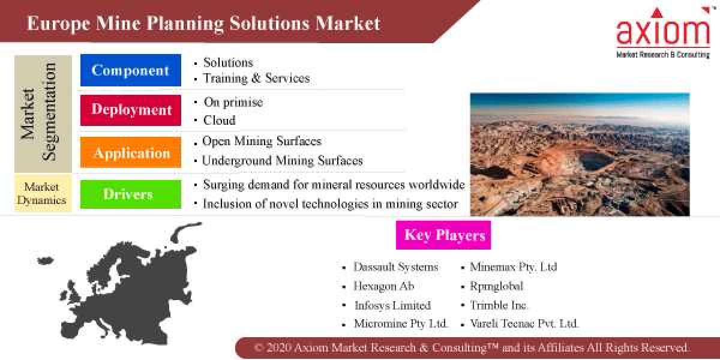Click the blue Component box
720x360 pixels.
tap(130, 70)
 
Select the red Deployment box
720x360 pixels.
tap(130, 110)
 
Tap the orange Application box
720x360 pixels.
tap(130, 152)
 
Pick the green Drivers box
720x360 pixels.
tap(130, 194)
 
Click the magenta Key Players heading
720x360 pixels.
tap(443, 235)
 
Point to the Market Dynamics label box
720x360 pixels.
tap(42, 193)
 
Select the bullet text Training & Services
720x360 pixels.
tap(256, 78)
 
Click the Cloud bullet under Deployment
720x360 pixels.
tap(219, 120)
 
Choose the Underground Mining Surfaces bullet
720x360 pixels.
tap(282, 160)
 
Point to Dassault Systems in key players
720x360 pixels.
tap(396, 267)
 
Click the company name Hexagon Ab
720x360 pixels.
tap(384, 286)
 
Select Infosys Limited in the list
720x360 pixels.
tap(392, 305)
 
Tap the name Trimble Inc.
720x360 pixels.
tap(499, 305)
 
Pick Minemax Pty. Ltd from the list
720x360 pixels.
tap(513, 267)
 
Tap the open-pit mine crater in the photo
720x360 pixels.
tap(595, 160)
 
